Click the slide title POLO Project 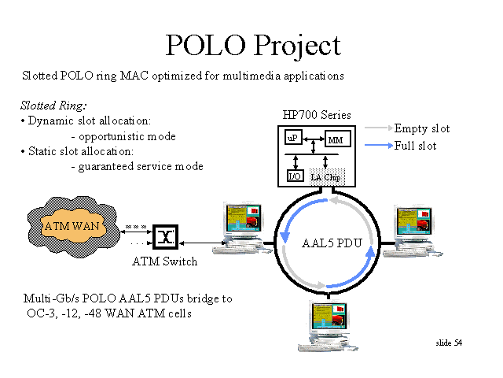tap(253, 46)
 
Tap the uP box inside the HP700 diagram tap(293, 138)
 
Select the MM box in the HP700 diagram tap(337, 139)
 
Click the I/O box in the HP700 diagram tap(295, 176)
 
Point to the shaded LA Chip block tap(327, 176)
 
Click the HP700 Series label tap(317, 115)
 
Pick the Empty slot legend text tap(422, 128)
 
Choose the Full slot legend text tap(415, 146)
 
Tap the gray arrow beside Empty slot tap(379, 128)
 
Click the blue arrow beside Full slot tap(379, 145)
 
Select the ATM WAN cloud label tap(72, 226)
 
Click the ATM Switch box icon tap(165, 237)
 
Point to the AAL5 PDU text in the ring tap(332, 243)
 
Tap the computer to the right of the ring tap(413, 231)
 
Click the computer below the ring tap(328, 326)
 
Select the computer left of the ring tap(243, 228)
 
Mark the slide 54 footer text tap(449, 343)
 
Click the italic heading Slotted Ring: tap(53, 106)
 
